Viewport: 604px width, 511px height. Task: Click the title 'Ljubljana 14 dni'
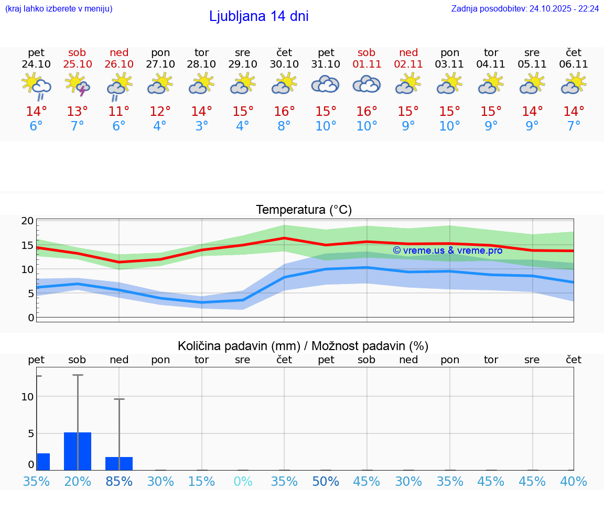click(x=258, y=16)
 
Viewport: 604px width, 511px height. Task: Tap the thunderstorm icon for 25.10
click(x=78, y=84)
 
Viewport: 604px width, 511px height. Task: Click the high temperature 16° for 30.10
click(x=284, y=111)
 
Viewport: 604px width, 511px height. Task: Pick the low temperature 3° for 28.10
click(x=202, y=126)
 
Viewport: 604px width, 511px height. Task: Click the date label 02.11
click(x=408, y=64)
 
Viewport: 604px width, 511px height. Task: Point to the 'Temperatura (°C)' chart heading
click(x=304, y=210)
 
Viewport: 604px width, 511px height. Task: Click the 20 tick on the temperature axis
click(x=27, y=221)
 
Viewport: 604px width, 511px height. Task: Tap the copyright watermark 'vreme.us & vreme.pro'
click(x=448, y=251)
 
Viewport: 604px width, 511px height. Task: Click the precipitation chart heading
click(x=303, y=346)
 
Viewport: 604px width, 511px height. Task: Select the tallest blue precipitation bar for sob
click(x=78, y=451)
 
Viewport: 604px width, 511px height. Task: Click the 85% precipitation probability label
click(x=119, y=481)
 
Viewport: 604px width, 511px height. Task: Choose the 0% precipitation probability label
click(x=243, y=481)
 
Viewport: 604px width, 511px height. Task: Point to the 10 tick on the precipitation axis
click(x=27, y=397)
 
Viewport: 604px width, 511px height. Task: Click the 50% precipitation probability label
click(x=326, y=481)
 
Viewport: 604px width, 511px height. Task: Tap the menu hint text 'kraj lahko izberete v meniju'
click(x=58, y=8)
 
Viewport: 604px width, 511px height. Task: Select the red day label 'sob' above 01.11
click(x=366, y=52)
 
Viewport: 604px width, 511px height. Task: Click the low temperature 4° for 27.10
click(x=160, y=126)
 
